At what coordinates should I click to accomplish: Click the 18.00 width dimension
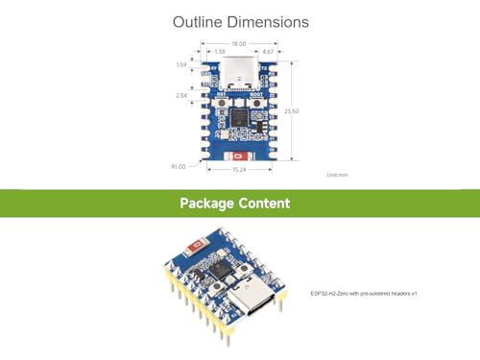[x=238, y=43]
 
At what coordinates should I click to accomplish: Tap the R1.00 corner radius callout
[x=178, y=165]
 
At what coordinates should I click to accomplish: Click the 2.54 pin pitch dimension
[x=180, y=96]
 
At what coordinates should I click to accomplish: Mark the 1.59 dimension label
[x=180, y=65]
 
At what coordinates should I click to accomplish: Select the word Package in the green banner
[x=209, y=204]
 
